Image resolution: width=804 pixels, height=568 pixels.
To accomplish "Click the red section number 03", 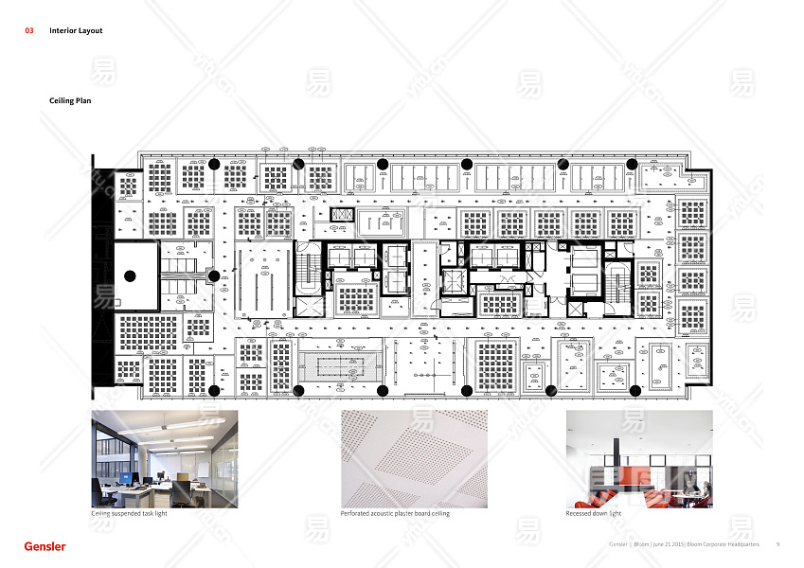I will (29, 31).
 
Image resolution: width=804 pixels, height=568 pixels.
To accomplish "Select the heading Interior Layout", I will (76, 31).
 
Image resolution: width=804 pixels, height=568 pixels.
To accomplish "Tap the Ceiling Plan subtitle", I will (70, 99).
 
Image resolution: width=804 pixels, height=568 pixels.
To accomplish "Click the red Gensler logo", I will (45, 546).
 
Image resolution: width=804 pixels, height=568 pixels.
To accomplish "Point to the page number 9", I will (777, 544).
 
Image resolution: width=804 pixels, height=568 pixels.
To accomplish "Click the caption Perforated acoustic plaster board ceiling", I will (395, 514).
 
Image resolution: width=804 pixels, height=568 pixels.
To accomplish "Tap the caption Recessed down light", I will (594, 514).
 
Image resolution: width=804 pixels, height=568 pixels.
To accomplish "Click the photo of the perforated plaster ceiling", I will (414, 459).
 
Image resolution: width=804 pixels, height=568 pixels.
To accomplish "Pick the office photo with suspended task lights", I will (165, 459).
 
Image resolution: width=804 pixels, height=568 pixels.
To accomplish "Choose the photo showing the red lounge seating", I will (639, 459).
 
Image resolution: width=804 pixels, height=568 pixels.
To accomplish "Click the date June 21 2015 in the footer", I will (670, 544).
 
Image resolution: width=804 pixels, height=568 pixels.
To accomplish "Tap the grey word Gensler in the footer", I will (617, 544).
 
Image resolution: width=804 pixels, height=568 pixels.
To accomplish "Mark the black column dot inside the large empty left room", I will (131, 276).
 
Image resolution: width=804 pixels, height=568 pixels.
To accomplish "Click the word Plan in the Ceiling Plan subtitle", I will (82, 99).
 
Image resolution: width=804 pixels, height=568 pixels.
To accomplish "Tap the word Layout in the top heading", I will (91, 31).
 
